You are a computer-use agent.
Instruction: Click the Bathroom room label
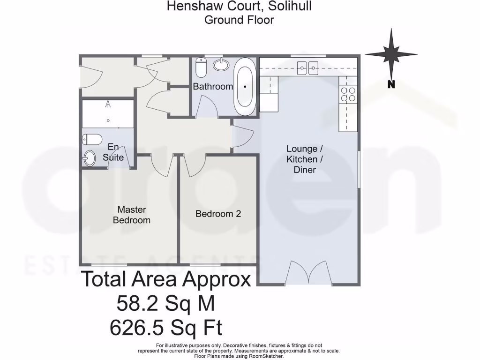pos(213,86)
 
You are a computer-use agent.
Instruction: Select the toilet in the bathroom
pos(201,67)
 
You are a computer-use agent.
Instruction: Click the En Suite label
pos(113,151)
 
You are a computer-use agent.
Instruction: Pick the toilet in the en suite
pos(92,139)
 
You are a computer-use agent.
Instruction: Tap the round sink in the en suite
pos(89,158)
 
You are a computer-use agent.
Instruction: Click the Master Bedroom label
pos(132,215)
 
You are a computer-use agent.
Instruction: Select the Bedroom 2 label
pos(218,214)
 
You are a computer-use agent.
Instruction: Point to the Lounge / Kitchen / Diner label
pos(305,159)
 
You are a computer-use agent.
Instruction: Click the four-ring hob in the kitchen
pos(348,94)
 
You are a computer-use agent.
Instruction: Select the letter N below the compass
pos(391,85)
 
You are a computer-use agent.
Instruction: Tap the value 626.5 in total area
pos(137,327)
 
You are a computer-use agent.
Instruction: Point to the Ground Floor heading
pos(239,20)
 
